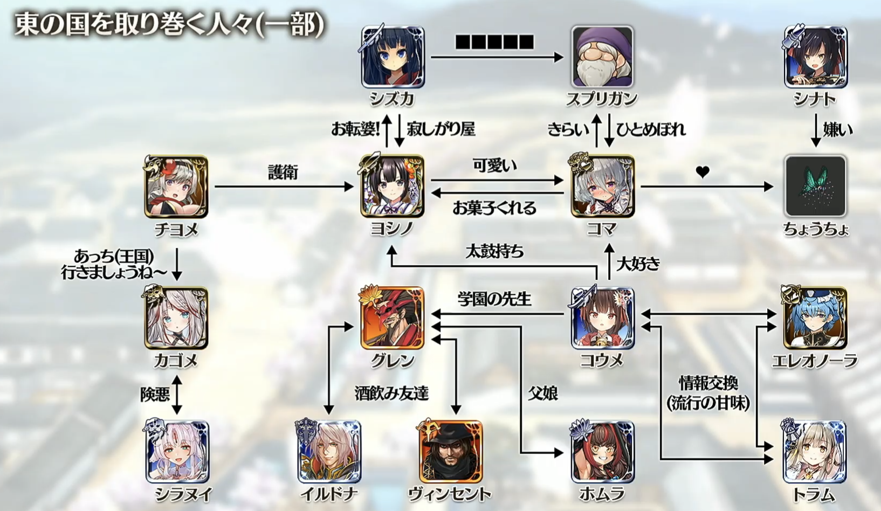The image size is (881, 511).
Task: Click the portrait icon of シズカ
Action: click(x=393, y=57)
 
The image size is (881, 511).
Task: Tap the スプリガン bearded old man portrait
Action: click(x=602, y=57)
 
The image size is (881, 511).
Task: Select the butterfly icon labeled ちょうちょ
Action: click(x=815, y=187)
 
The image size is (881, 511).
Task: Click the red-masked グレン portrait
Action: click(x=393, y=318)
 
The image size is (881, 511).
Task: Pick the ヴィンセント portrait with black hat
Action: click(x=450, y=452)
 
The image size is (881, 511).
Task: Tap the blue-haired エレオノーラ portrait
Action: click(x=815, y=318)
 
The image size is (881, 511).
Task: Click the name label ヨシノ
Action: click(x=392, y=229)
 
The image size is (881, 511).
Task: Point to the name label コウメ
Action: click(x=602, y=361)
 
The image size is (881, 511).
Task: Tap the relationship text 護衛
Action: click(x=283, y=173)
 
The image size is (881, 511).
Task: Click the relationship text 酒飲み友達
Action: click(x=391, y=393)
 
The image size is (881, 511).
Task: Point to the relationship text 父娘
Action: click(x=542, y=393)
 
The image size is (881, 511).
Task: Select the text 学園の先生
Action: click(x=494, y=299)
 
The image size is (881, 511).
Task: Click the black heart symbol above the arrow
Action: click(x=702, y=172)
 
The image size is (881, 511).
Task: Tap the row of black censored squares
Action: click(x=494, y=42)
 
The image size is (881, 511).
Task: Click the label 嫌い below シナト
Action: click(x=838, y=129)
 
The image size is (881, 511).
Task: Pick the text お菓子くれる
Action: click(x=494, y=208)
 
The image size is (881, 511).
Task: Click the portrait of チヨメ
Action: click(x=176, y=187)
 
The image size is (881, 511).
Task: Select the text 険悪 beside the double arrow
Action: click(x=155, y=395)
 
